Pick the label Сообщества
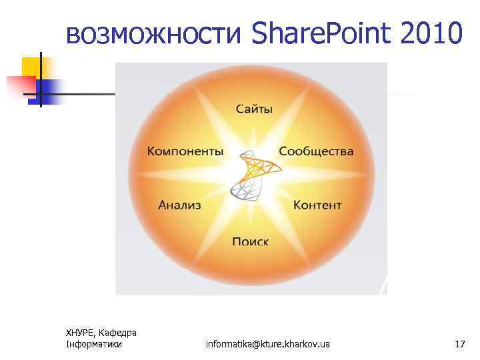[316, 151]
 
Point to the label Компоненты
[185, 151]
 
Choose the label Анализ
[179, 205]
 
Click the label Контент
[317, 205]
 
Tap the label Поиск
[251, 241]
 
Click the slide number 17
[459, 344]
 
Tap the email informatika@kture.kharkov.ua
[268, 344]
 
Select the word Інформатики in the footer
[94, 344]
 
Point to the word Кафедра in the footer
[120, 333]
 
